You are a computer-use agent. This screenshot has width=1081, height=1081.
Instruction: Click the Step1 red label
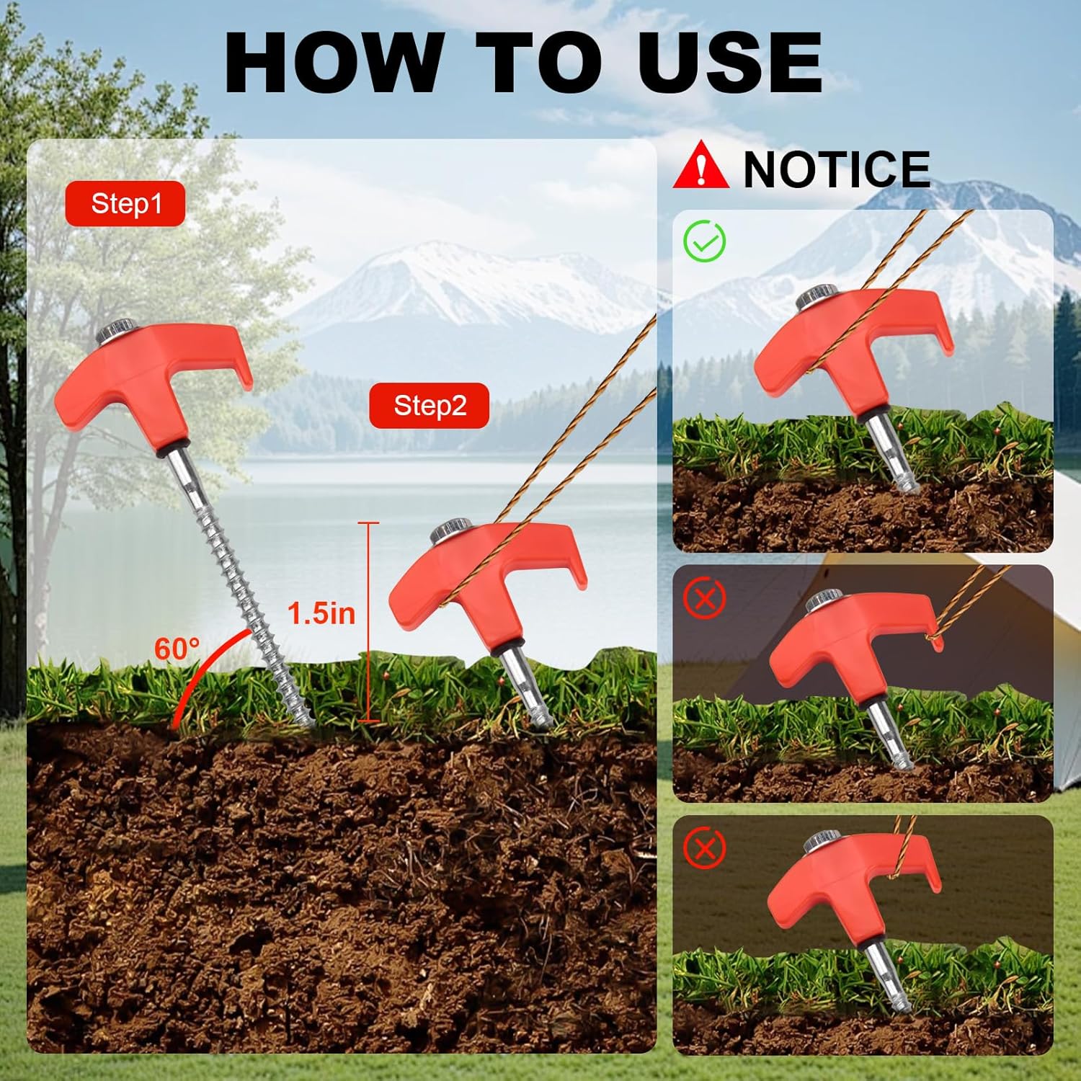(x=125, y=204)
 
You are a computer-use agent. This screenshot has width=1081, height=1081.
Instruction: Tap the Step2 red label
(x=430, y=406)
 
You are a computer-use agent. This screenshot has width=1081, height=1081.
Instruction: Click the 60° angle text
(x=177, y=649)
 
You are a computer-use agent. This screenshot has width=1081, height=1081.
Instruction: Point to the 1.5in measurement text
(x=321, y=613)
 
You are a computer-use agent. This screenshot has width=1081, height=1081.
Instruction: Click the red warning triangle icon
(x=700, y=165)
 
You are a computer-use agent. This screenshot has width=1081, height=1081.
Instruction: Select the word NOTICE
(x=837, y=169)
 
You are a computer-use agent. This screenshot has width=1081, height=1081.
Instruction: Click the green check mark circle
(x=705, y=241)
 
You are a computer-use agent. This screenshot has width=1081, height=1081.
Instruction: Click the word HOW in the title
(x=334, y=62)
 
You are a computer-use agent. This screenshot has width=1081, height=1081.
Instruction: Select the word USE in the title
(x=730, y=62)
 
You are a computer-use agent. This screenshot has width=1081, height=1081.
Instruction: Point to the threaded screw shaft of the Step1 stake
(x=240, y=587)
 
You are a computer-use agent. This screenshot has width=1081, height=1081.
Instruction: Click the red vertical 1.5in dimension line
(x=368, y=622)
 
